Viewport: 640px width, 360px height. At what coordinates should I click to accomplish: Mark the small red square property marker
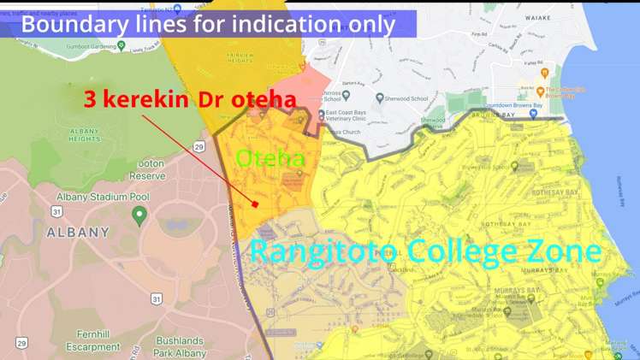click(x=255, y=204)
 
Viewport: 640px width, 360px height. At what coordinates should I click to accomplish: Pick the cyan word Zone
click(x=568, y=251)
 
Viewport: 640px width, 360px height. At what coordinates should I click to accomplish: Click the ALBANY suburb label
click(x=78, y=232)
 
